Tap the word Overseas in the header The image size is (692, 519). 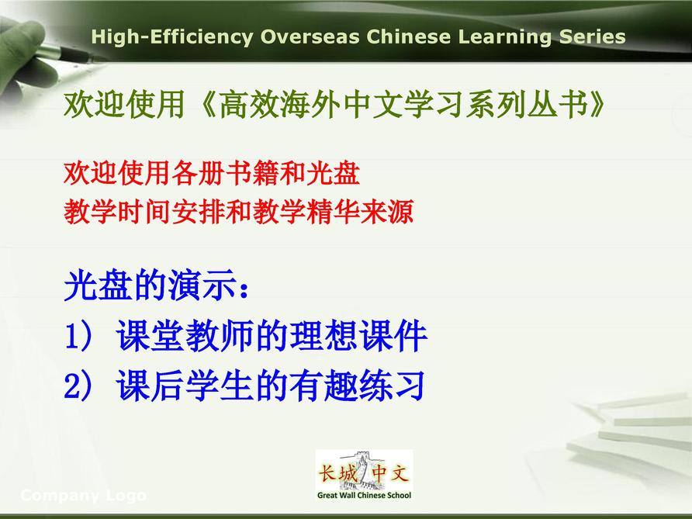point(310,36)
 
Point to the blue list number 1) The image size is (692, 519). point(78,336)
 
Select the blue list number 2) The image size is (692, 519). point(78,386)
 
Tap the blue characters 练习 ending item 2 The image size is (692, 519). point(393,386)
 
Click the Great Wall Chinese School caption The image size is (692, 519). point(364,495)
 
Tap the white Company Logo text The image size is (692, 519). point(84,495)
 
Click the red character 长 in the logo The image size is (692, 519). point(327,473)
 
